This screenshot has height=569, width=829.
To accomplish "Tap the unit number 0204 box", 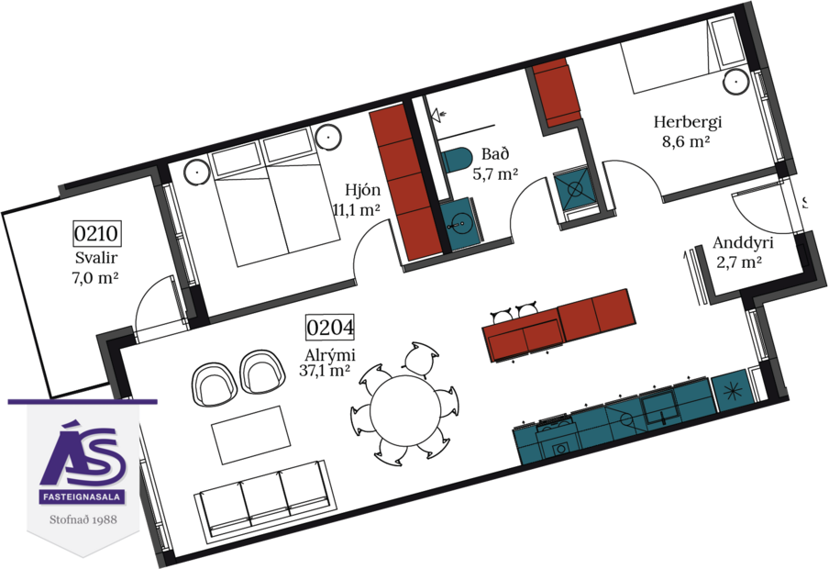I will coord(330,328).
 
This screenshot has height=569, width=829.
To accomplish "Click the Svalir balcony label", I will coord(94,258).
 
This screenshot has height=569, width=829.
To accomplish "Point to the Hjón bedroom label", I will coord(358,191).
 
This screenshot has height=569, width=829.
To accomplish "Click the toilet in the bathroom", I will coord(455,157).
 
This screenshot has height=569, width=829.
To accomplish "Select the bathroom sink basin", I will coord(456,221).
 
